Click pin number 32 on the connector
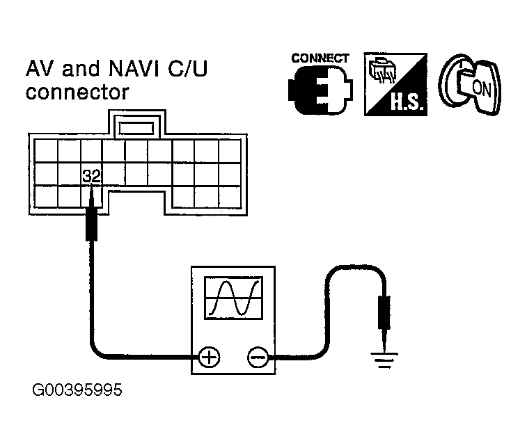[91, 176]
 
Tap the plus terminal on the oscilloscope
[209, 357]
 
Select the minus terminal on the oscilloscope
[258, 357]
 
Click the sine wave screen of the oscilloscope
[234, 298]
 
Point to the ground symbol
[384, 360]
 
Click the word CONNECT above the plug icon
[320, 58]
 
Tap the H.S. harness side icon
[395, 84]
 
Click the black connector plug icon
[320, 90]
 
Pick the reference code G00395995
[77, 390]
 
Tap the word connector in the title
[77, 92]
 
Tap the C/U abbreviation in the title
[187, 68]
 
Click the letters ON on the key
[481, 88]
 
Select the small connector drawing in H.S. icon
[382, 70]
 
